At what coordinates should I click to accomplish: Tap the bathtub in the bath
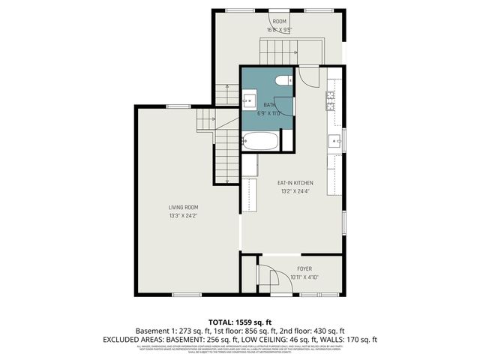pyautogui.click(x=261, y=140)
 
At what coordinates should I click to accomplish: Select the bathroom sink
pyautogui.click(x=249, y=100)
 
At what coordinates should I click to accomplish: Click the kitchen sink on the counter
pyautogui.click(x=332, y=140)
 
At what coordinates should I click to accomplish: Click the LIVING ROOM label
pyautogui.click(x=183, y=207)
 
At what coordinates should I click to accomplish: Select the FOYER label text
pyautogui.click(x=304, y=268)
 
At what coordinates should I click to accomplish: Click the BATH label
pyautogui.click(x=269, y=105)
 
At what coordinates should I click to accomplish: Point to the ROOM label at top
pyautogui.click(x=280, y=21)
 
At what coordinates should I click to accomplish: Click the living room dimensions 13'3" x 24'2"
pyautogui.click(x=183, y=216)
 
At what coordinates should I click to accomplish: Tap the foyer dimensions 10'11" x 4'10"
pyautogui.click(x=304, y=277)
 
